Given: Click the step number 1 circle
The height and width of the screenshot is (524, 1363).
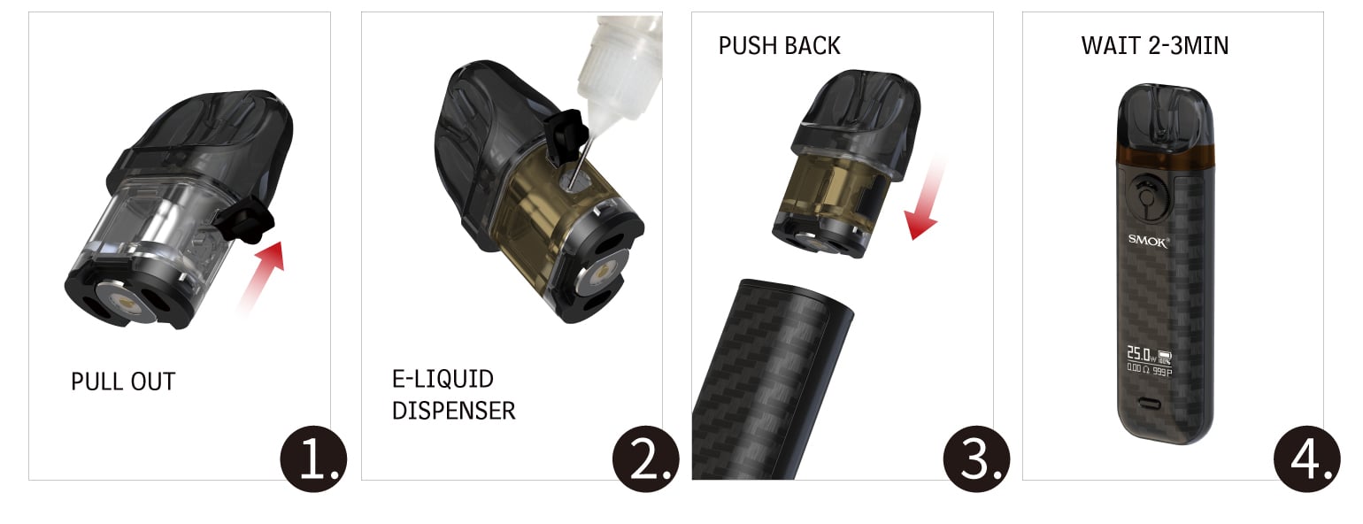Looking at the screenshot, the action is [313, 458].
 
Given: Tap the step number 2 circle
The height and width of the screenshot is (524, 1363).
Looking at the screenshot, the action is [645, 458].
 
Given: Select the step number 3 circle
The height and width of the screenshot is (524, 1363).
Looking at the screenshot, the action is [976, 458].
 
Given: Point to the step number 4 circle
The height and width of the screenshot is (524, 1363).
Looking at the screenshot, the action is [1307, 458].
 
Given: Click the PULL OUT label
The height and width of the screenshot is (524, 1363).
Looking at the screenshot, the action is [123, 381].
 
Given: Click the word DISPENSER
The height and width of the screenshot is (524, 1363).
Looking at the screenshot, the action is [453, 411].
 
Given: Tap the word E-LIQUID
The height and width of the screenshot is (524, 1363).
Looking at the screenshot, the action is [443, 379].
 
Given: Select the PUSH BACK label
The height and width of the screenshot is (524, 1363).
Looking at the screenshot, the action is [780, 46].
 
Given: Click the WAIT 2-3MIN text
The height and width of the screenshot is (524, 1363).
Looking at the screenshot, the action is [1155, 46].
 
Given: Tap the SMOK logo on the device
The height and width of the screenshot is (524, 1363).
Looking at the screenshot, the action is [1148, 241].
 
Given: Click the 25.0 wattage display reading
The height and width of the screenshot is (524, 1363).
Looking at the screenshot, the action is [1138, 353].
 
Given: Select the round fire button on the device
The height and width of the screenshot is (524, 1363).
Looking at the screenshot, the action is [1146, 197].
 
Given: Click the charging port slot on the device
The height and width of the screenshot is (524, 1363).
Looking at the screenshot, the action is [1149, 405].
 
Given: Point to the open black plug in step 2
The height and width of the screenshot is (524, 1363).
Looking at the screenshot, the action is [565, 134].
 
